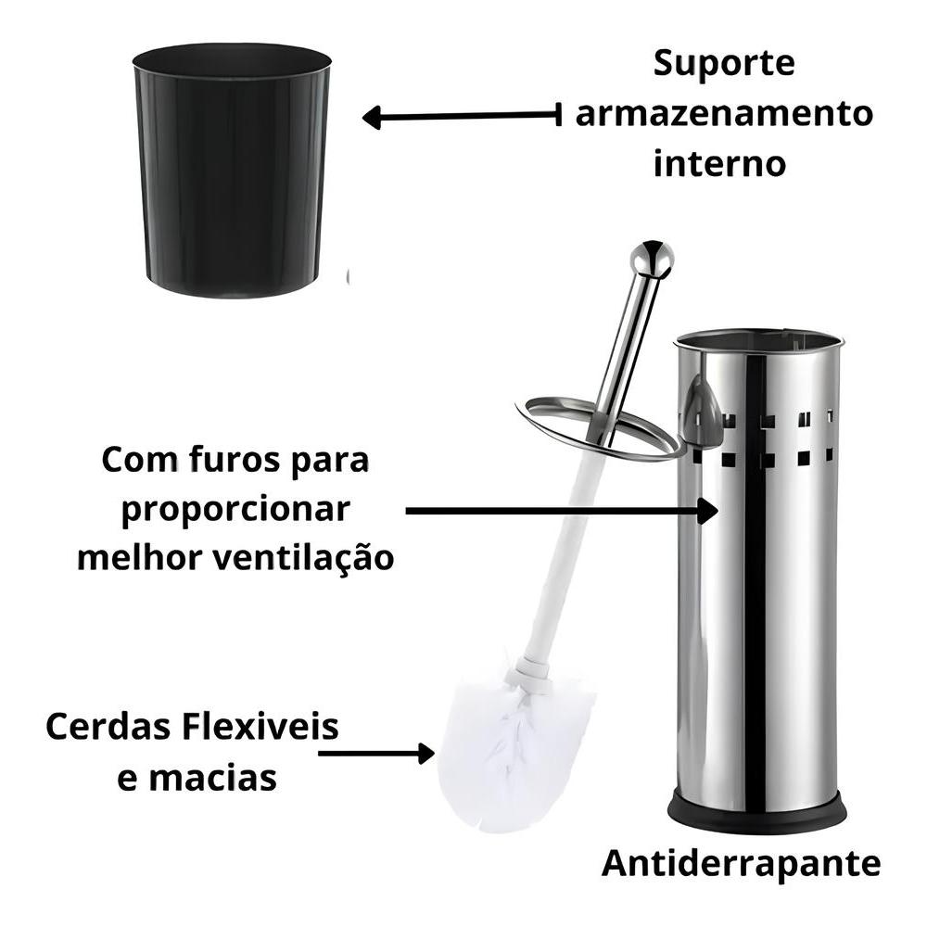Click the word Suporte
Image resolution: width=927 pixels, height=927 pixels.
coord(724,65)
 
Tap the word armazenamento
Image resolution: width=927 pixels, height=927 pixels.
coord(723,115)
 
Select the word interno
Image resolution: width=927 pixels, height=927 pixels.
coord(719,164)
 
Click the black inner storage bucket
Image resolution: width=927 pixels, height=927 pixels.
coord(232,171)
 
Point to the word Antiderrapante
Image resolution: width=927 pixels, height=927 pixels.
coord(741,864)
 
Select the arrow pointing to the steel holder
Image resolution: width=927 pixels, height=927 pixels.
coord(562,510)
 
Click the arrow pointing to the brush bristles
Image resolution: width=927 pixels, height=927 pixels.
coord(376,753)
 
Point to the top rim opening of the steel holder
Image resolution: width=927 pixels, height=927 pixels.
coord(758,339)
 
